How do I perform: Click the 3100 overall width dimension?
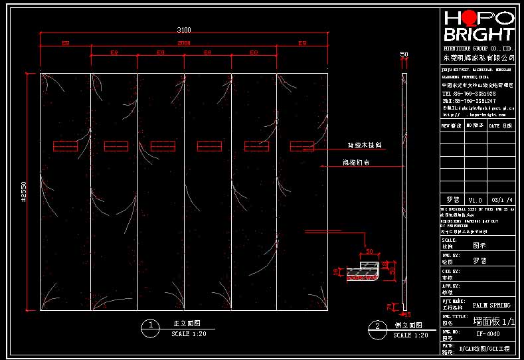pos(184,29)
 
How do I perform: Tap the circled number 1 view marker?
pos(152,325)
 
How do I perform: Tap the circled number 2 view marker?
pos(377,326)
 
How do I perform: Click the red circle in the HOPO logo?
pos(469,18)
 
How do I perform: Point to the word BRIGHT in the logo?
pos(478,35)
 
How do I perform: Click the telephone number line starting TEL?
pos(469,94)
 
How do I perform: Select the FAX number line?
pos(469,100)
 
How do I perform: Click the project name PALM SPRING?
pos(491,306)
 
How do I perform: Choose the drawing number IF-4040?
pos(489,334)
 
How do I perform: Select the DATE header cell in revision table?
pos(500,125)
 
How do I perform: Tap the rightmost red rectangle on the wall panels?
pos(302,145)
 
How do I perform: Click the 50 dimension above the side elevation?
pos(404,54)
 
